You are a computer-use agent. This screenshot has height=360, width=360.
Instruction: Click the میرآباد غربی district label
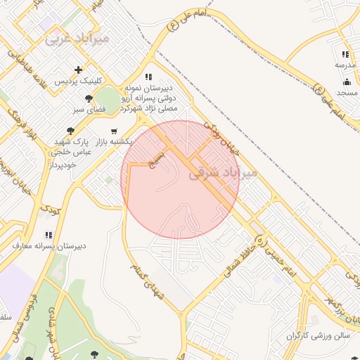[x=77, y=39]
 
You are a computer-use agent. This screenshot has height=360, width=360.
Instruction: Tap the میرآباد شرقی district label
[x=223, y=172]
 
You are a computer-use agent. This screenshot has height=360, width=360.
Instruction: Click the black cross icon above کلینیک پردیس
[x=78, y=69]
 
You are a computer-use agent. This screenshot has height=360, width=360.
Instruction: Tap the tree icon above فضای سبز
[x=88, y=98]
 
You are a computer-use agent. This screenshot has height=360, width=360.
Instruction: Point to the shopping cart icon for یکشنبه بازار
[x=114, y=130]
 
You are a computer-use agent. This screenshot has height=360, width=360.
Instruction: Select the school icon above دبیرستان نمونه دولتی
[x=148, y=77]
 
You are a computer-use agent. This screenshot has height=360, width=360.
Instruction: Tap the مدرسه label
[x=345, y=65]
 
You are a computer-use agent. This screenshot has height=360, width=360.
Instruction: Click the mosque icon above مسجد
[x=346, y=82]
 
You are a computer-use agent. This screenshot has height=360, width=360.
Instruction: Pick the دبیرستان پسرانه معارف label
[x=49, y=246]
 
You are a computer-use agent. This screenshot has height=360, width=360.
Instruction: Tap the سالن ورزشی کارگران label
[x=317, y=336]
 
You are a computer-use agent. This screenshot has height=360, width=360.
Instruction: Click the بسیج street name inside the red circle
[x=156, y=158]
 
